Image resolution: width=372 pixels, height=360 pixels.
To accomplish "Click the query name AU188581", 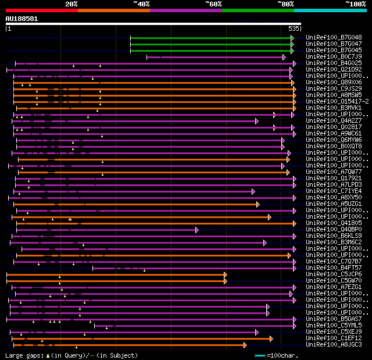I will point(22,19).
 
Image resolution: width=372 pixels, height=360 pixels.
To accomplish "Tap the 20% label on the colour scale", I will point(71,4).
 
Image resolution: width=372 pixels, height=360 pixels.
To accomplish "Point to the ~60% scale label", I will point(213,4).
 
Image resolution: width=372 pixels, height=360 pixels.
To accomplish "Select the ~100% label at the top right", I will point(355,4).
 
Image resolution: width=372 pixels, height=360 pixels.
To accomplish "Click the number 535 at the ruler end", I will point(294,28).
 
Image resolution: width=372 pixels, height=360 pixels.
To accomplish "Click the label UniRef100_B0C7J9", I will point(334,57).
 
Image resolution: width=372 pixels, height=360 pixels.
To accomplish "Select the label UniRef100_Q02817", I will point(334,127).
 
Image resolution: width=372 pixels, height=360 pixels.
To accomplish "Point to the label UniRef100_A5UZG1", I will point(334,204).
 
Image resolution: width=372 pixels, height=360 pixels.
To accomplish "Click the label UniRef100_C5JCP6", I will point(334,275).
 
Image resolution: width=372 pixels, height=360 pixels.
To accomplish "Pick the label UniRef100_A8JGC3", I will point(334,345).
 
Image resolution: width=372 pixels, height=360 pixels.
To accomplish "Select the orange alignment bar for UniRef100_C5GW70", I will point(116,281).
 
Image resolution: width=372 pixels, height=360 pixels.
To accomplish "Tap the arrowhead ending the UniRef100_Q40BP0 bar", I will point(197,230).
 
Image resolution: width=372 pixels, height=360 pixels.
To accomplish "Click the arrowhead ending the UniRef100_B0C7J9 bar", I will point(283,57).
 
